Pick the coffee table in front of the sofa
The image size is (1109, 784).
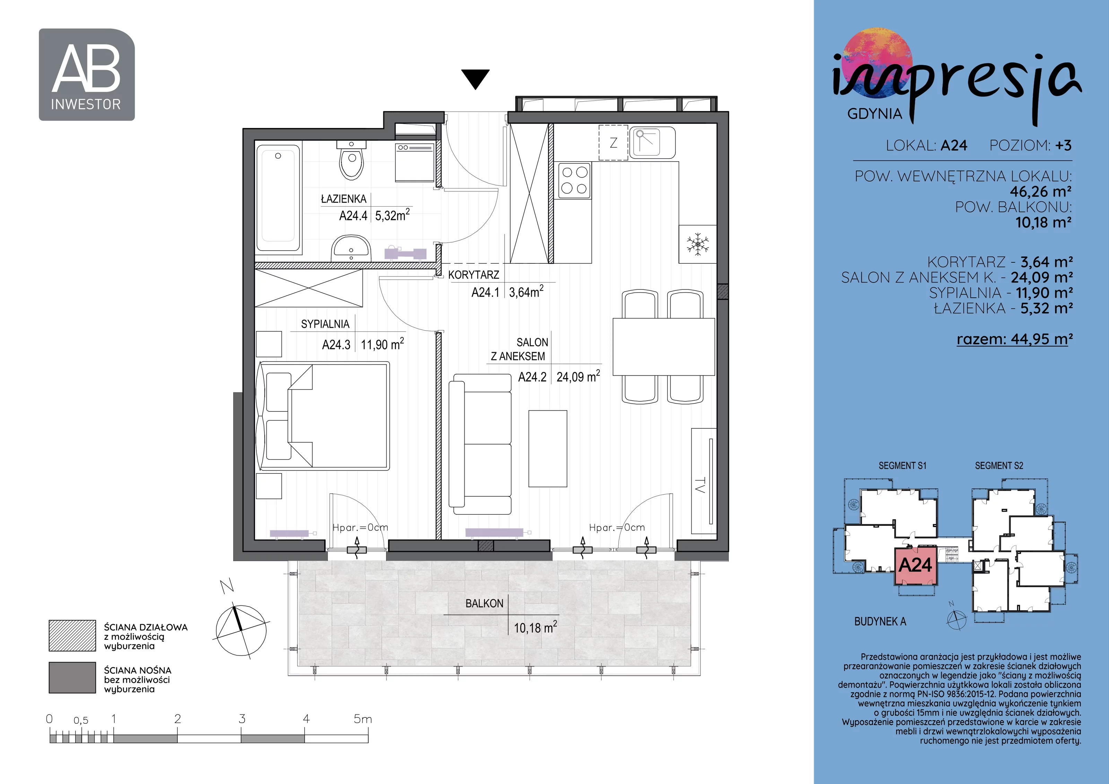[547, 448]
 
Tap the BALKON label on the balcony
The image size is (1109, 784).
[484, 603]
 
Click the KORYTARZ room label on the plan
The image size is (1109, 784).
[473, 275]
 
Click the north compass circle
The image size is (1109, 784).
[241, 630]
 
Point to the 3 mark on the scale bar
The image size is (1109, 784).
[242, 719]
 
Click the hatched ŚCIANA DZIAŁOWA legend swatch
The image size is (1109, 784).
[72, 636]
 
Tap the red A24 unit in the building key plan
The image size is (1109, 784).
[915, 566]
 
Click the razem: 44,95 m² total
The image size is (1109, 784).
[1014, 339]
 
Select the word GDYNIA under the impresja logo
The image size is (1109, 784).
[875, 114]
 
